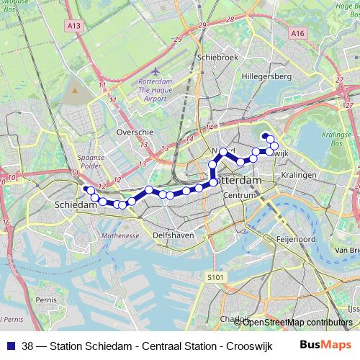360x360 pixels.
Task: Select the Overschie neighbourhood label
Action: (133, 133)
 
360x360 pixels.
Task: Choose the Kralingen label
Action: (300, 175)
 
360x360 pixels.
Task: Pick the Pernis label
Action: (45, 298)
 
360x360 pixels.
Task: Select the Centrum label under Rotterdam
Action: (240, 195)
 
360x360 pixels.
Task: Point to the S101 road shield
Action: (215, 276)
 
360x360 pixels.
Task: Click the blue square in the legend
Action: (10, 345)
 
